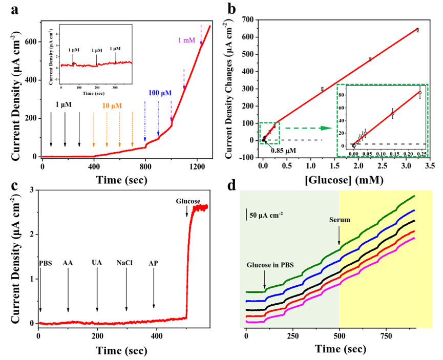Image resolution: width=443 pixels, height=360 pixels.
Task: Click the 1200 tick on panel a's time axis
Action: coord(197,166)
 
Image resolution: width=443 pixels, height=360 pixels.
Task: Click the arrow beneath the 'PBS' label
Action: coord(40,292)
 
